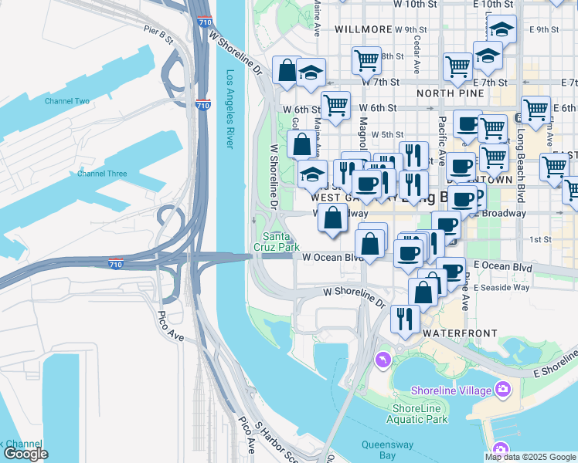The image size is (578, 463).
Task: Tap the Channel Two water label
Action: pyautogui.click(x=66, y=101)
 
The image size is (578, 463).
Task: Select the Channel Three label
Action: pyautogui.click(x=101, y=174)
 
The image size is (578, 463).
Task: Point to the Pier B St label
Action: pyautogui.click(x=157, y=33)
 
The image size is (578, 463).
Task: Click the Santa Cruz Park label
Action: pyautogui.click(x=277, y=242)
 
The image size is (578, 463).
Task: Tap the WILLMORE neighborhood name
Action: pyautogui.click(x=363, y=29)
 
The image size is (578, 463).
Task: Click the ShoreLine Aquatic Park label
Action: pyautogui.click(x=420, y=414)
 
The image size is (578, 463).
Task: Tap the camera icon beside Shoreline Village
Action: pyautogui.click(x=504, y=389)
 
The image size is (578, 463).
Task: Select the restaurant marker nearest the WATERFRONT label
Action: pyautogui.click(x=404, y=318)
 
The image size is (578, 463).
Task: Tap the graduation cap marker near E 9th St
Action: pyautogui.click(x=502, y=31)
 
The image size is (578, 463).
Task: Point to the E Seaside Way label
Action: pyautogui.click(x=502, y=287)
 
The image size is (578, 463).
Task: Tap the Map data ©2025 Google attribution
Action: pyautogui.click(x=530, y=457)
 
